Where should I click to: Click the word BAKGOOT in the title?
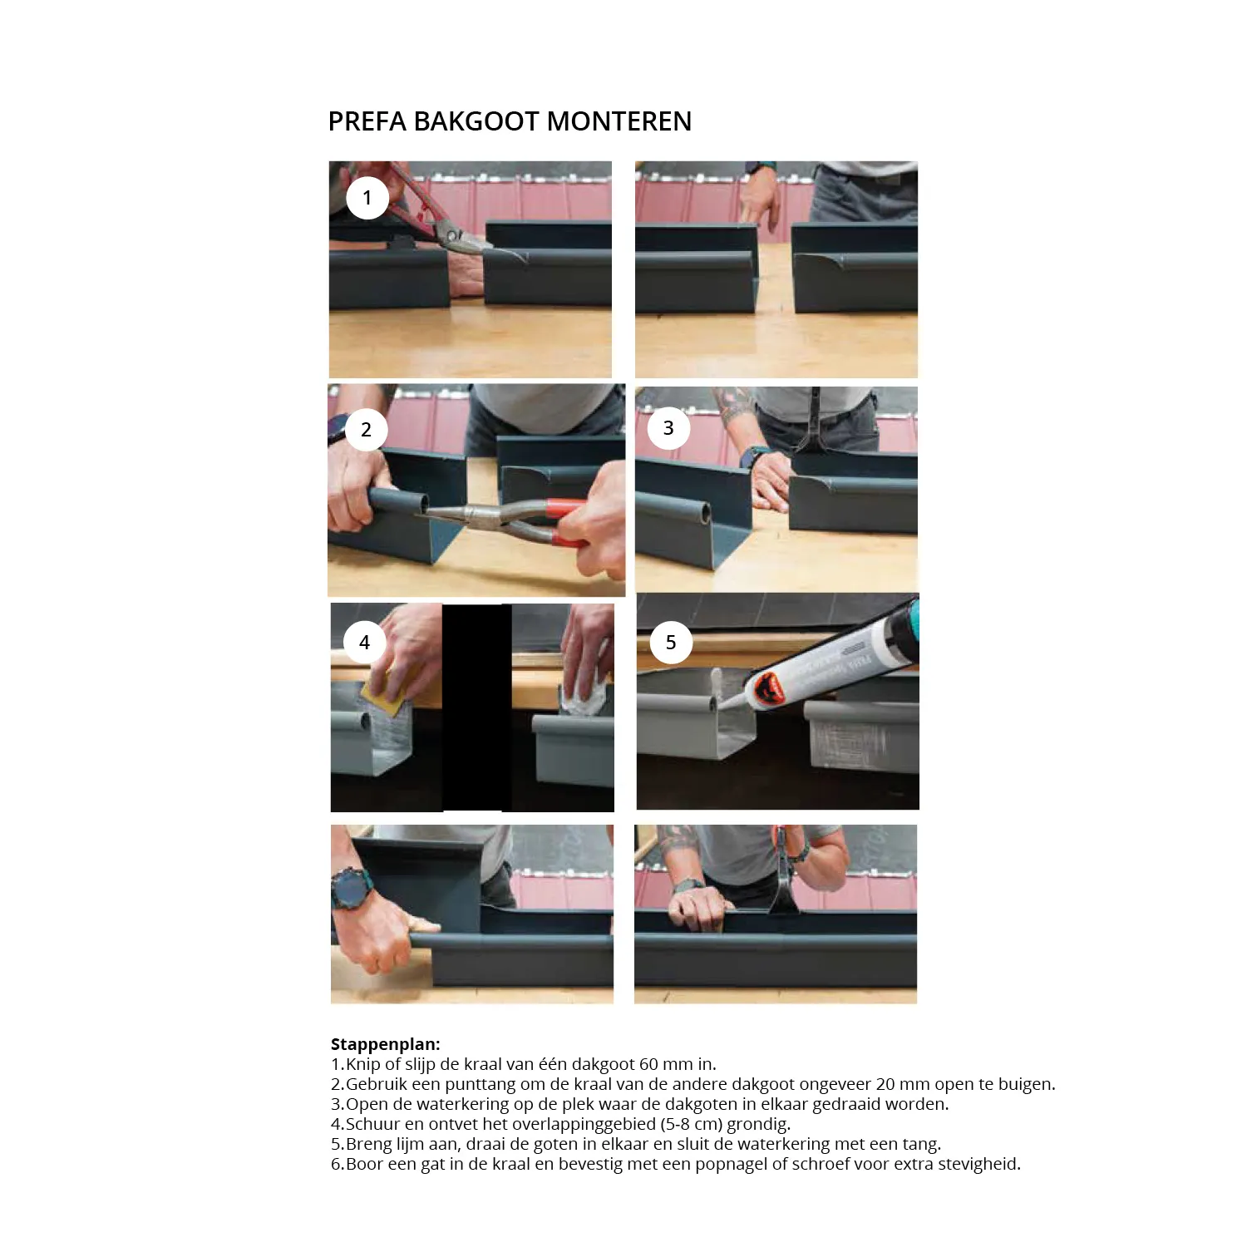476,121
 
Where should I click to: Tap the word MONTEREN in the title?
619,121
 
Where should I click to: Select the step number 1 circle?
367,198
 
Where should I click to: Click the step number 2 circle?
366,429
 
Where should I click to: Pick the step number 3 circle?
668,427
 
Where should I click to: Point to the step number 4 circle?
364,642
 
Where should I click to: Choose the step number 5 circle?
671,642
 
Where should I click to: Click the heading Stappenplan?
386,1044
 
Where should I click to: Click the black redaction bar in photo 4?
476,707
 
